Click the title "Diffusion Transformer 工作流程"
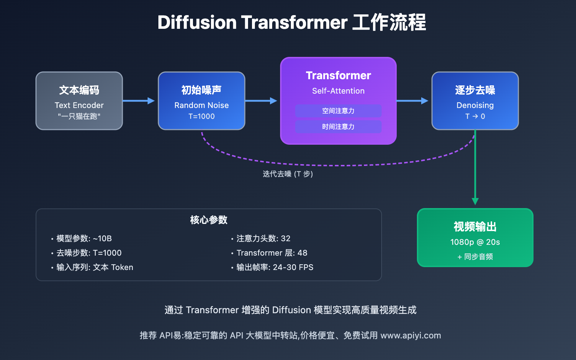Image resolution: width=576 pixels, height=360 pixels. [x=292, y=22]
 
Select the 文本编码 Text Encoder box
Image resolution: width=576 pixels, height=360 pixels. [x=79, y=101]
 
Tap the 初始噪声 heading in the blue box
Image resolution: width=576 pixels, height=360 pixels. [x=201, y=90]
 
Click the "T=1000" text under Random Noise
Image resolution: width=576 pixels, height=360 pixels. [x=202, y=116]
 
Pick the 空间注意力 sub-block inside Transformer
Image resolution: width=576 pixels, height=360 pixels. [x=338, y=111]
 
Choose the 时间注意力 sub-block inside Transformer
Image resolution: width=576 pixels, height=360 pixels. [x=338, y=127]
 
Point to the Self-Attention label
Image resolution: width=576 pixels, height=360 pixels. [x=338, y=91]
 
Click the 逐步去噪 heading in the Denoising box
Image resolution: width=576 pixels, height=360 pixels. [x=475, y=90]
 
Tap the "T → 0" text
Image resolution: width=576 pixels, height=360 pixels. [x=475, y=116]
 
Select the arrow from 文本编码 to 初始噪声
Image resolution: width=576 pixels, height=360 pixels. [x=139, y=101]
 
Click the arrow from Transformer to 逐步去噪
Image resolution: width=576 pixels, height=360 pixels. [x=412, y=101]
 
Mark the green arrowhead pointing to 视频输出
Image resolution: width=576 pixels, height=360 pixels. [x=475, y=201]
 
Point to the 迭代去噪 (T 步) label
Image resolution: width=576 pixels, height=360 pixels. [x=288, y=174]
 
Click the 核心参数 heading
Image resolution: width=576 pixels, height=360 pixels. [x=208, y=220]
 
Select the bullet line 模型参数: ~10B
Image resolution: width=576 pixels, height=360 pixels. [x=84, y=239]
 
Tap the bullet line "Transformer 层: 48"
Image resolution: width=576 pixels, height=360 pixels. [x=272, y=253]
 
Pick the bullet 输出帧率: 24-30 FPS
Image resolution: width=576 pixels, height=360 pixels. [x=275, y=267]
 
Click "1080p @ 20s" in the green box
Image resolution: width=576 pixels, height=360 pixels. [x=475, y=242]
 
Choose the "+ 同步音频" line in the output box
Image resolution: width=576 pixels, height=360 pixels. [x=475, y=257]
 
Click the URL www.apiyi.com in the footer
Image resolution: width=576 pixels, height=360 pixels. [x=410, y=336]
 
